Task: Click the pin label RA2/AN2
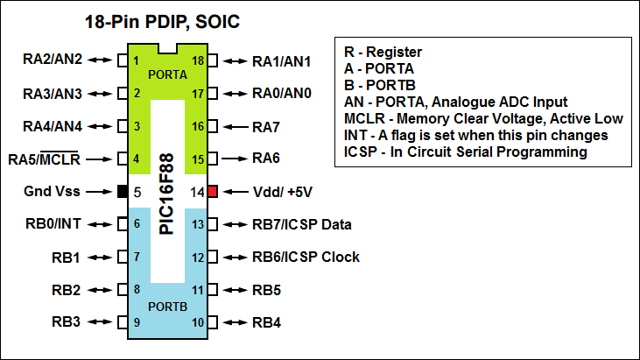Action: click(x=52, y=60)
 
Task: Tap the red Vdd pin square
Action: click(x=211, y=191)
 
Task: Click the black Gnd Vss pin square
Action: click(x=123, y=191)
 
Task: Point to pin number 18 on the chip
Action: click(x=199, y=60)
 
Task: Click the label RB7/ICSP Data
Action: click(x=301, y=224)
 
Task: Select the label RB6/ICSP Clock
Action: click(x=306, y=257)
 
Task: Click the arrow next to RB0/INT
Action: click(x=99, y=224)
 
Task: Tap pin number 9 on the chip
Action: click(x=137, y=322)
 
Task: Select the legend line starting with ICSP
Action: click(x=465, y=152)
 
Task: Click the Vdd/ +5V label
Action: click(x=282, y=191)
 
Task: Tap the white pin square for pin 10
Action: click(x=211, y=322)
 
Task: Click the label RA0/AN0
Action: click(x=281, y=93)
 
